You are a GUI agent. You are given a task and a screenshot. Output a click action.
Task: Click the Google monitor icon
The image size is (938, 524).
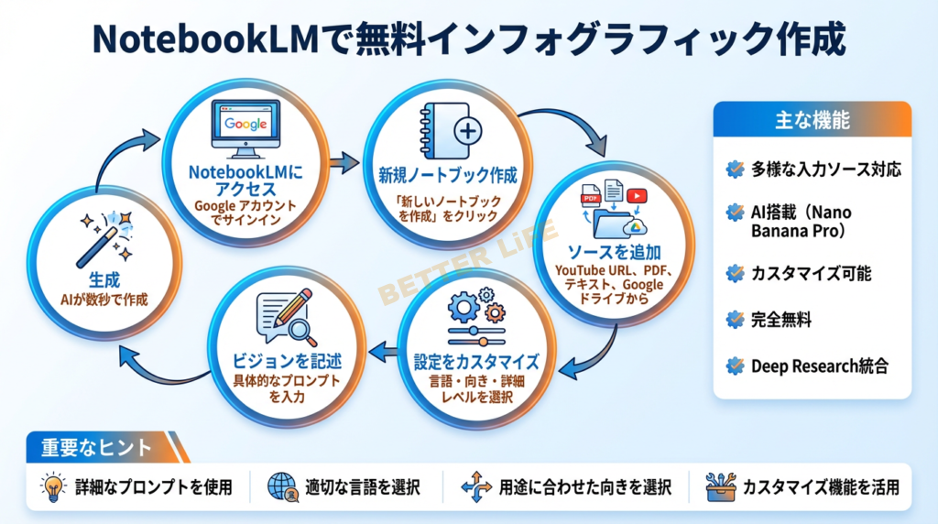click(x=245, y=128)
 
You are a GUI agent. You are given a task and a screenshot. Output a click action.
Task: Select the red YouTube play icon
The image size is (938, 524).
click(x=637, y=196)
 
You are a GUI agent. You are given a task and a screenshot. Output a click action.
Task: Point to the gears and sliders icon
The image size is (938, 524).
click(x=476, y=318)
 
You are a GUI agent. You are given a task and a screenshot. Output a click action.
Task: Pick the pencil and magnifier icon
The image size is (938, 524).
click(x=287, y=318)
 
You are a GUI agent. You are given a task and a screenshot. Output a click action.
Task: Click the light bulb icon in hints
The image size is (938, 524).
click(x=53, y=487)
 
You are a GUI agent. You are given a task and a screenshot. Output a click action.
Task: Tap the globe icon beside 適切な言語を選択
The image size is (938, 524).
click(x=283, y=487)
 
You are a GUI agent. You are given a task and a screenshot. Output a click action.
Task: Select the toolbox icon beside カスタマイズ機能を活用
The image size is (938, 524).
click(x=721, y=487)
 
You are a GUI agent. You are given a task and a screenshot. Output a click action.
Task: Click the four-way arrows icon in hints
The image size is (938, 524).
click(x=476, y=487)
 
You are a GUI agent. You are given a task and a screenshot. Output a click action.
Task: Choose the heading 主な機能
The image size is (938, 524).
click(x=812, y=120)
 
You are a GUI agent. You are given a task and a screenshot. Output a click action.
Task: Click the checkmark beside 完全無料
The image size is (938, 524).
click(x=736, y=320)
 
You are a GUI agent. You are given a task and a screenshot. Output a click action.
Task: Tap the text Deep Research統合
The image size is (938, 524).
click(x=820, y=366)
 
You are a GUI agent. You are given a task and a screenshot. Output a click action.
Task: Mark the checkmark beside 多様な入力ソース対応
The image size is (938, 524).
click(x=736, y=169)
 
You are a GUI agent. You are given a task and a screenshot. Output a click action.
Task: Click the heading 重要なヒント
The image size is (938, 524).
click(x=96, y=447)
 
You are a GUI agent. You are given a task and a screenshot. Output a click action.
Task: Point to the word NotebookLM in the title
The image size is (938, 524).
click(x=206, y=39)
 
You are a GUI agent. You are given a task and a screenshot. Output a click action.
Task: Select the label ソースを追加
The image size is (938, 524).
click(x=614, y=252)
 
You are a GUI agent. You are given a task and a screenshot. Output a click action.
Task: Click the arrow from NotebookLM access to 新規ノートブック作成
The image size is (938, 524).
click(x=344, y=163)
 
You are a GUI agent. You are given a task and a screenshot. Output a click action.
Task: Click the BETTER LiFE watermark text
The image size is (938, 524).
click(x=468, y=263)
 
